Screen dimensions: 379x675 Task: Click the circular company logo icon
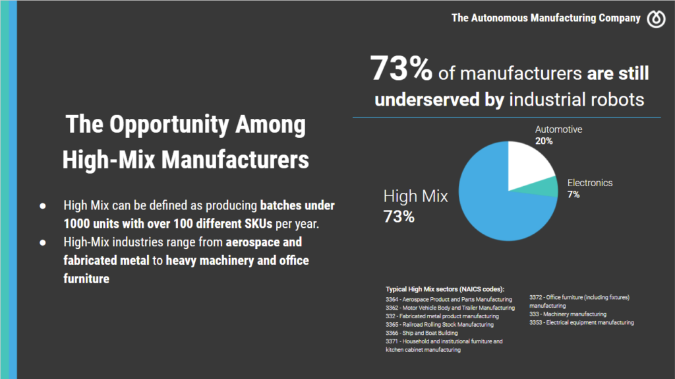[656, 18]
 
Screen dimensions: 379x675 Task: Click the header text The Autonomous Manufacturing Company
[546, 18]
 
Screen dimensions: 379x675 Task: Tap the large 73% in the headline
[401, 69]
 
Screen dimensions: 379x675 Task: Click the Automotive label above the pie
[558, 129]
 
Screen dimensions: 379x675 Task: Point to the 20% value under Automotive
[544, 141]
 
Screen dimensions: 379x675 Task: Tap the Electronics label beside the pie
[590, 183]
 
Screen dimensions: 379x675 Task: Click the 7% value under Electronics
[573, 195]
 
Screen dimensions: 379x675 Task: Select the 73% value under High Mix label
[399, 216]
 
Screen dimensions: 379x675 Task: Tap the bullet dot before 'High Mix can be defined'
[42, 205]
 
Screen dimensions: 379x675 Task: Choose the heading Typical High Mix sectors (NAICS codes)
[445, 289]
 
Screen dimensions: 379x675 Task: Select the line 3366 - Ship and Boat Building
[421, 333]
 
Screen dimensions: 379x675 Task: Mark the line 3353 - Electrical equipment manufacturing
[581, 323]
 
